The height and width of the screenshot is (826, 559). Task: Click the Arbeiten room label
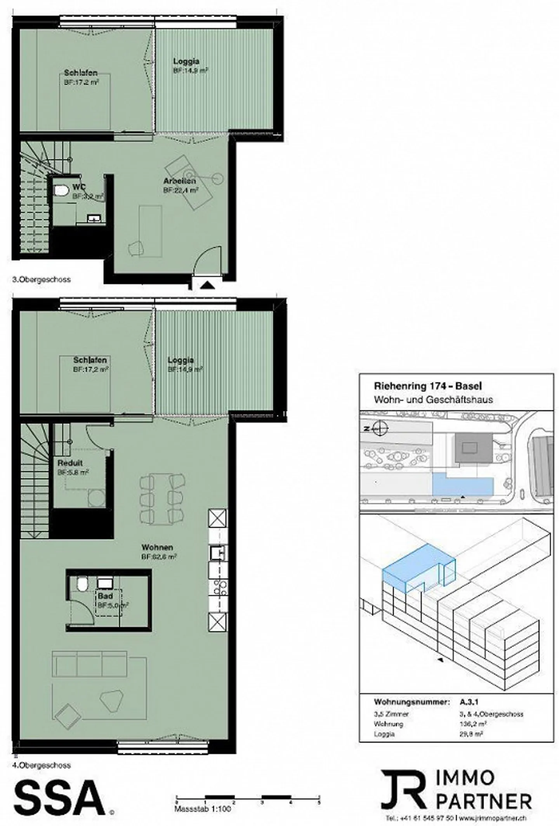pos(179,181)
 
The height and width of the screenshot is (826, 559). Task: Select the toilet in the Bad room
pos(82,584)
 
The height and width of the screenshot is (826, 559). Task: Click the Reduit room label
pos(70,463)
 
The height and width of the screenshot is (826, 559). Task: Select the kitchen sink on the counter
pos(217,552)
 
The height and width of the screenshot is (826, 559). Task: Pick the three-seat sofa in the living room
pos(89,663)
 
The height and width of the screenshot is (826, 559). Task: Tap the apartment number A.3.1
pos(469,702)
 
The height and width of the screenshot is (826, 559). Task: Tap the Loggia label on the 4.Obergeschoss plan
pos(181,360)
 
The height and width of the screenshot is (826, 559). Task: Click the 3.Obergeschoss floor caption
pos(42,279)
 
